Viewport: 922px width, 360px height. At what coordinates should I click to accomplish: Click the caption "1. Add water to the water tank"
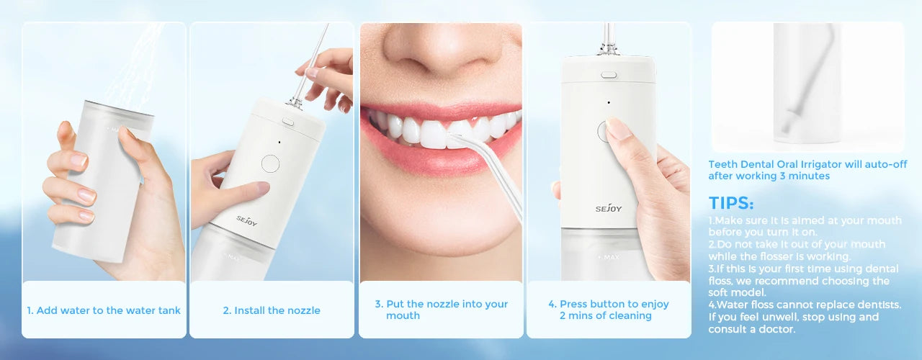tap(104, 310)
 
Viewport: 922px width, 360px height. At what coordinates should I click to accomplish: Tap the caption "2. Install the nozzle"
tap(272, 310)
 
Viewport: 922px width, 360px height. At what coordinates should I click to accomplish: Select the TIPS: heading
tap(731, 203)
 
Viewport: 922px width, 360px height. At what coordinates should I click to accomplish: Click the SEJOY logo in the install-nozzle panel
tap(246, 220)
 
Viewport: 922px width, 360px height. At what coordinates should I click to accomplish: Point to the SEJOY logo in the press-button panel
tap(609, 209)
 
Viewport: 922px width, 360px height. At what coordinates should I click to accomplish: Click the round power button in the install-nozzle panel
tap(270, 163)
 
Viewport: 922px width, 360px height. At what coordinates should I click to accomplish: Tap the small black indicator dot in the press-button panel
tap(609, 102)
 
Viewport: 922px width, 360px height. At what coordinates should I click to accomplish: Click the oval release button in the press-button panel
tap(609, 75)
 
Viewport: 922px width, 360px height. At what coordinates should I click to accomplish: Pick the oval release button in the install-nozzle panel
tap(287, 122)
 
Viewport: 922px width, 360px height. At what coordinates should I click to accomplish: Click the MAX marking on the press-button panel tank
tap(609, 257)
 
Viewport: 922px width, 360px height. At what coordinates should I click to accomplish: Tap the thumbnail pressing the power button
tap(618, 128)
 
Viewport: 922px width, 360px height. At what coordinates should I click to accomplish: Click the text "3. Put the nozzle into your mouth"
tap(442, 310)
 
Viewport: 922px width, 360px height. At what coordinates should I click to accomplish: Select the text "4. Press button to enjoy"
tap(609, 304)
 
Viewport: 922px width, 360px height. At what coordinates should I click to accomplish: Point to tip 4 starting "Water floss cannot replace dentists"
tap(805, 317)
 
